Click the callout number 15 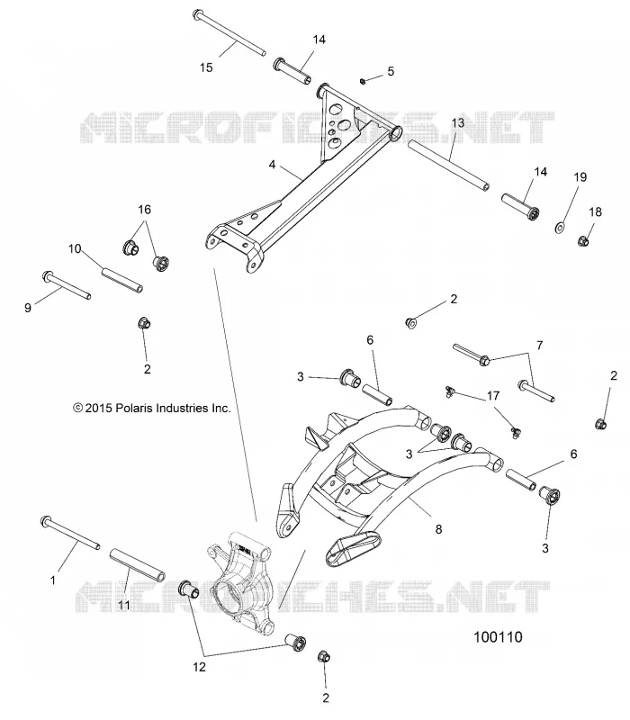206,67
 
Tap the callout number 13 458,122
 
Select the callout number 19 580,176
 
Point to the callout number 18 595,211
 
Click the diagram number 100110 498,637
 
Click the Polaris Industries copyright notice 152,408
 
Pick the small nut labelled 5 363,81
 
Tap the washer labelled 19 559,227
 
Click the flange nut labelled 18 583,240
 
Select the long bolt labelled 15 229,32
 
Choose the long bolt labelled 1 70,532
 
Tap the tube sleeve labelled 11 138,565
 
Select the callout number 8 438,529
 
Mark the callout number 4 273,164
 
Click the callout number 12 199,667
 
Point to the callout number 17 493,395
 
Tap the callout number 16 144,210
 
